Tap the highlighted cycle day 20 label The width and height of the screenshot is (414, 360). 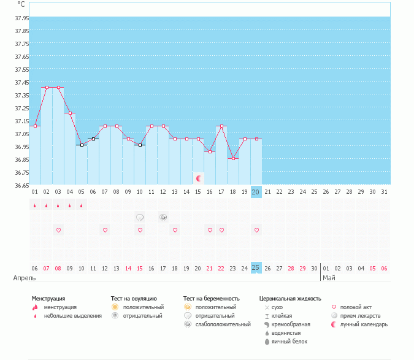[x=256, y=192]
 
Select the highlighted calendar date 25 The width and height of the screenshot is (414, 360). [x=256, y=268]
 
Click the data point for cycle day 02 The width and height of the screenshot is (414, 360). [x=47, y=87]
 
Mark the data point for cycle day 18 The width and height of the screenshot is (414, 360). [x=232, y=158]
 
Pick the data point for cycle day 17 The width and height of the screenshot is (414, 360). [x=221, y=126]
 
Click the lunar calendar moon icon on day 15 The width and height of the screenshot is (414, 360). [x=198, y=178]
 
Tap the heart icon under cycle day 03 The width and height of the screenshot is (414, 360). [x=58, y=230]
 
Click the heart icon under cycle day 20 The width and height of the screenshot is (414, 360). [x=256, y=230]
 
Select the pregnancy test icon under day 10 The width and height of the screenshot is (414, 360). [x=140, y=217]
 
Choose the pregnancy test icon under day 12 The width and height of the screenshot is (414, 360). [x=163, y=217]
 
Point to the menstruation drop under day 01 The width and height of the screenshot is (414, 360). [x=35, y=205]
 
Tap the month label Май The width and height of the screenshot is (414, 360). [x=329, y=278]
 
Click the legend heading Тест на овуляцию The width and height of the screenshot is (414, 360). [x=134, y=298]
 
